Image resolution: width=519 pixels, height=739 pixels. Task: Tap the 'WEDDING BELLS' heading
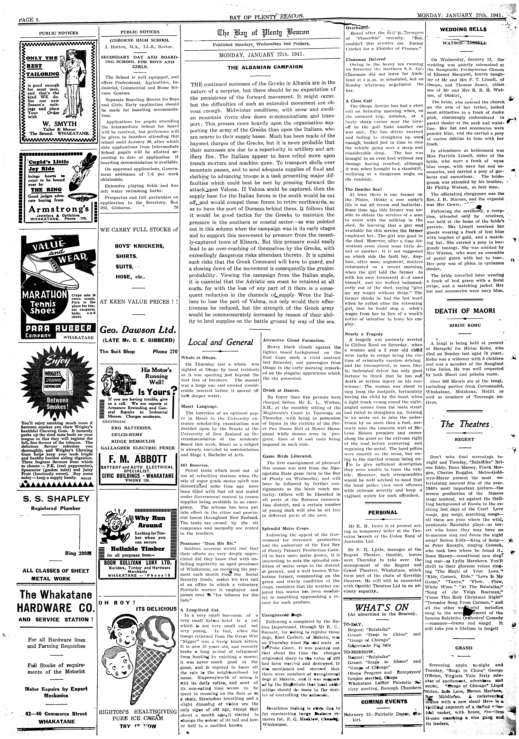click(x=463, y=29)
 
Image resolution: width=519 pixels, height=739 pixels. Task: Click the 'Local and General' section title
click(x=220, y=342)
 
